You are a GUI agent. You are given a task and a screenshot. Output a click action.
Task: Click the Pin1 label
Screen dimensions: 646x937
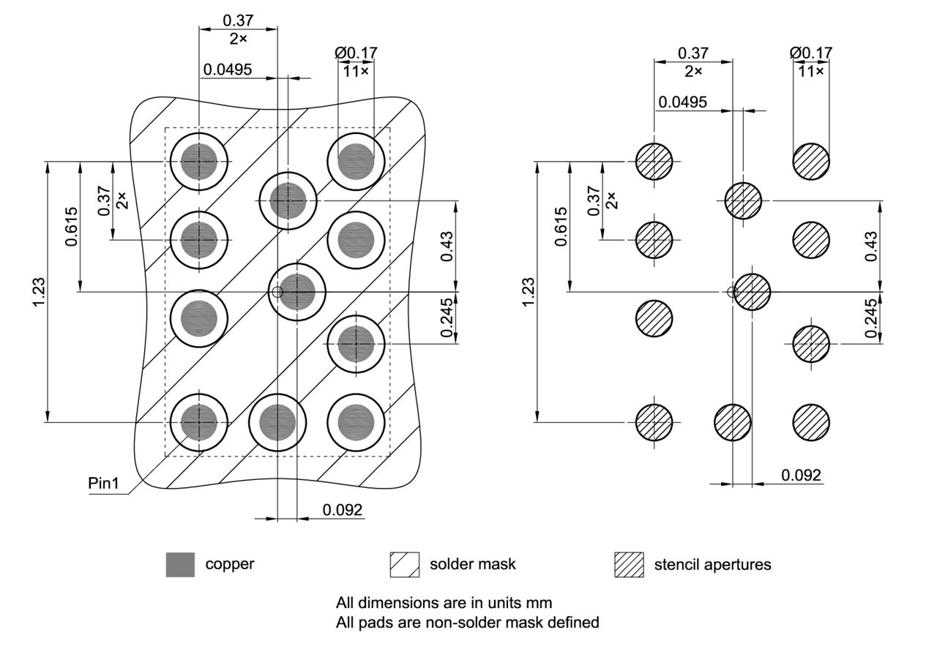coord(103,484)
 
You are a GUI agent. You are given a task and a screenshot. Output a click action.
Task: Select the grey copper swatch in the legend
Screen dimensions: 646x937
coord(180,564)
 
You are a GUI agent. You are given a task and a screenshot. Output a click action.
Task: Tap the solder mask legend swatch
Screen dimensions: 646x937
coord(405,564)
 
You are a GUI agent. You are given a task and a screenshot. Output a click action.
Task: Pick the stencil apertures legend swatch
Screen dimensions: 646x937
coord(629,564)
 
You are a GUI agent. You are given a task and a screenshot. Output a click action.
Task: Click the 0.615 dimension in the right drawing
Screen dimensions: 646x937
coord(560,226)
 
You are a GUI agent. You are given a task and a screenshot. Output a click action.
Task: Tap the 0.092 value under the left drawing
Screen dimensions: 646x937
coord(343,510)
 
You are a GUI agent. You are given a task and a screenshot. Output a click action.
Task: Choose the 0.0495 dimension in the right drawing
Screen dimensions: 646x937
coord(682,102)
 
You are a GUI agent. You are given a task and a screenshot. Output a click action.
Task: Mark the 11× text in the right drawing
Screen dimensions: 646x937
coord(810,71)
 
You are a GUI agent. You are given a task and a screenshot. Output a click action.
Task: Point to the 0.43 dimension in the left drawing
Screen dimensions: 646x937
coord(447,246)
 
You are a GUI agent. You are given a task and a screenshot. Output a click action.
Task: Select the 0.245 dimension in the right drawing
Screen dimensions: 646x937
coord(871,318)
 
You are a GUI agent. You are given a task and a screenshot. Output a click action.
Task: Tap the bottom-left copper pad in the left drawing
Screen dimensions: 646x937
coord(199,422)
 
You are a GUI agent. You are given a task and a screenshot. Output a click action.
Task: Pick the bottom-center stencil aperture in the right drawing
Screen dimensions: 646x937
coord(732,422)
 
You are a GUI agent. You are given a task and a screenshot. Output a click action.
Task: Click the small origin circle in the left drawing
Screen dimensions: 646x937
coord(277,293)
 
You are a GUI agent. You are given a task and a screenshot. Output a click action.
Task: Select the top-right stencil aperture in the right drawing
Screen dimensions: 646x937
coord(811,161)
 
